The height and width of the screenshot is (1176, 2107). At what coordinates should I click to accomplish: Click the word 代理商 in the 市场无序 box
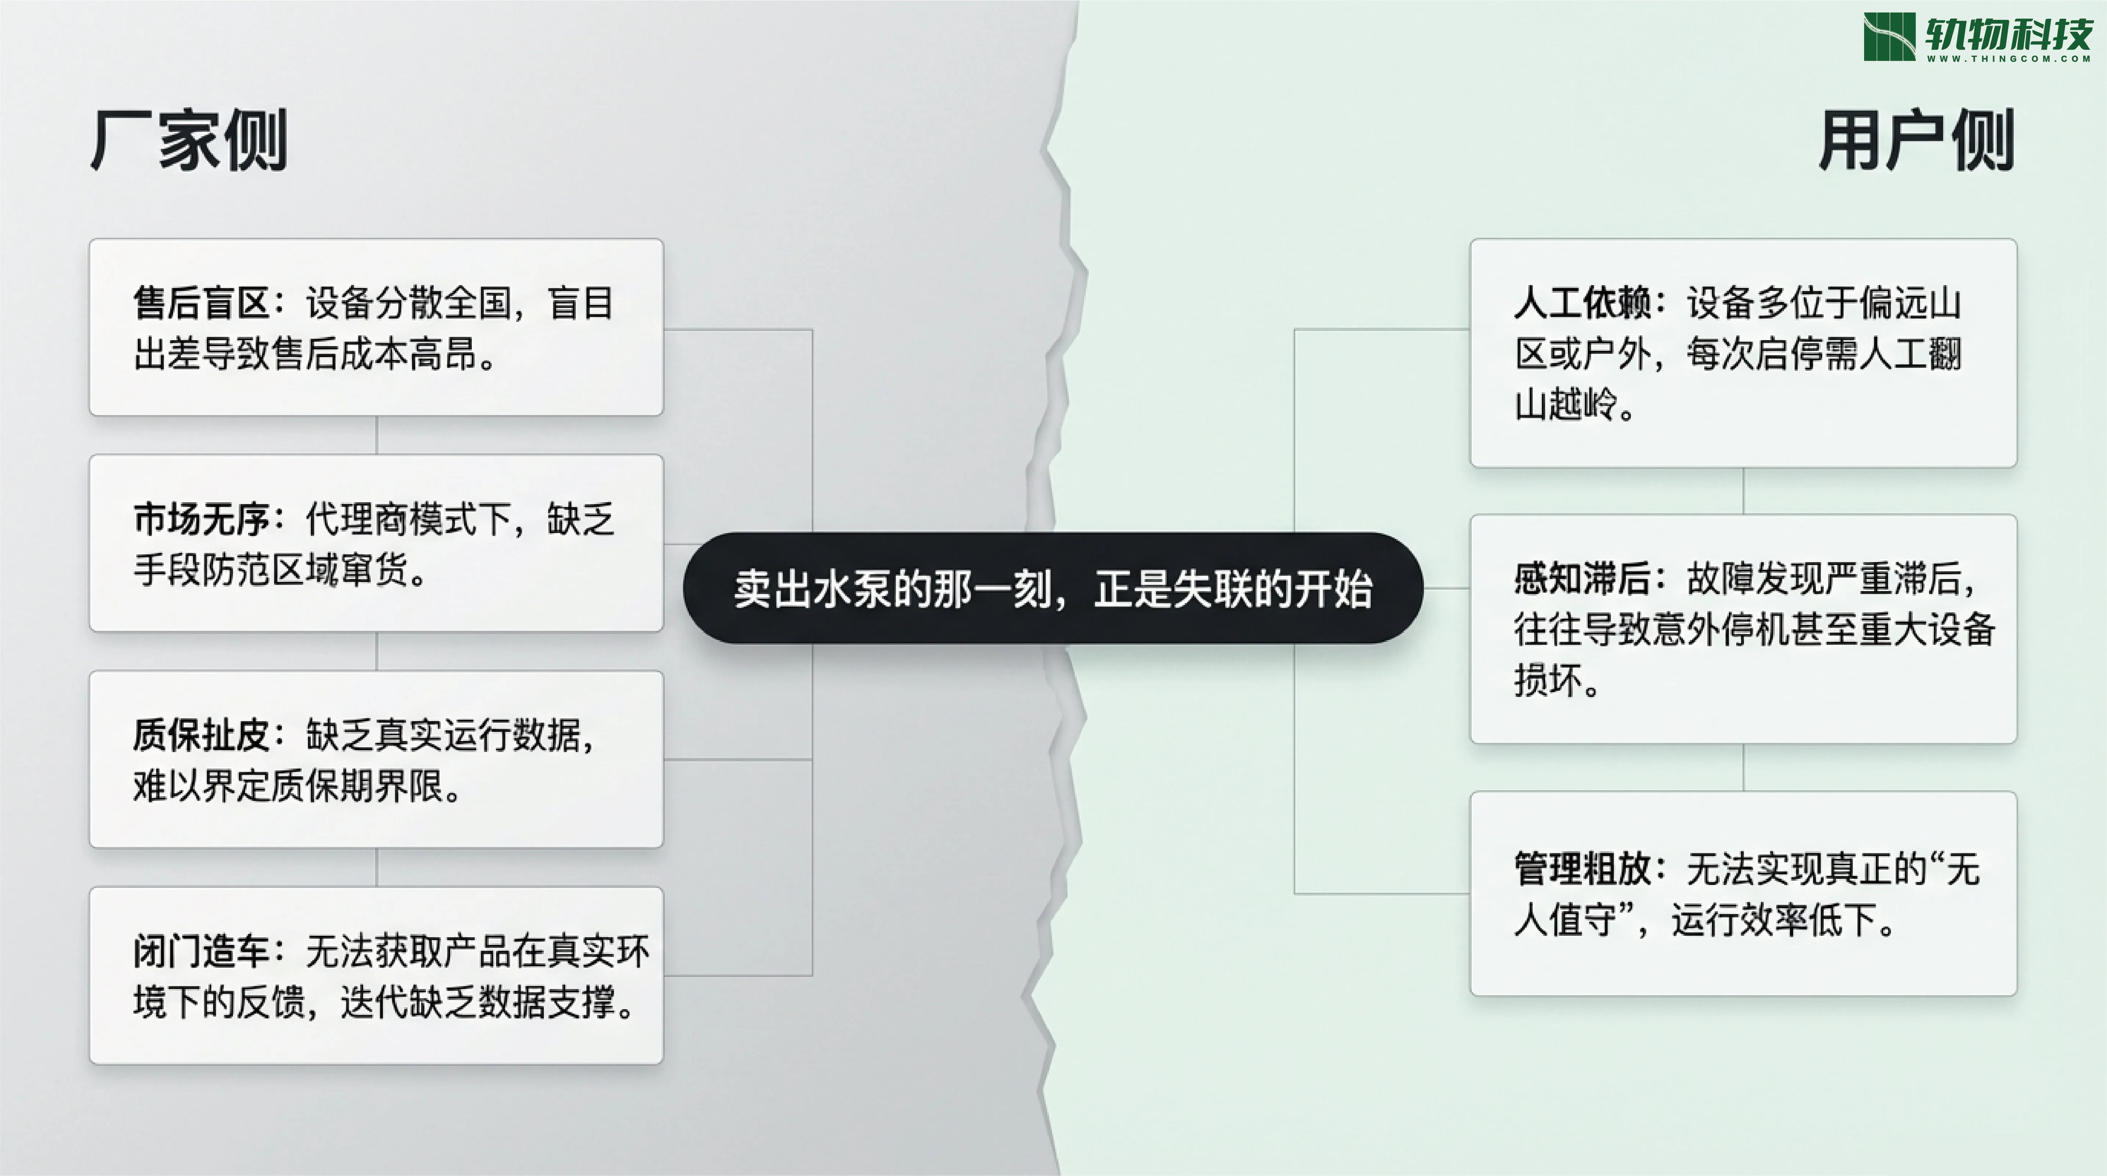(358, 519)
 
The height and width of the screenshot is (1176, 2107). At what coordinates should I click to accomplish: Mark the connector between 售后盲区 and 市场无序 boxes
(376, 435)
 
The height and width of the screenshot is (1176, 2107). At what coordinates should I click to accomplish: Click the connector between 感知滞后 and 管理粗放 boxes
(1743, 767)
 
